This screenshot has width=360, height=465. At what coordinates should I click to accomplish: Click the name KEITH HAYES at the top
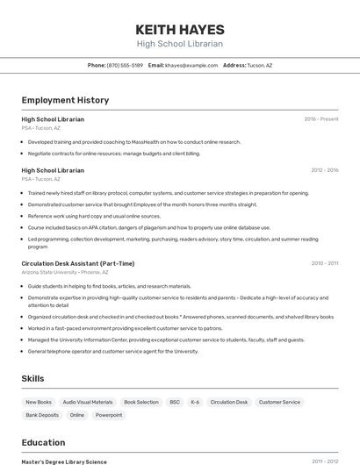[x=179, y=29]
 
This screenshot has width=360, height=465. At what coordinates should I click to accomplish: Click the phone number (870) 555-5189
[x=125, y=65]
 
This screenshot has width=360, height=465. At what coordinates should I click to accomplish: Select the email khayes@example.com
[x=191, y=65]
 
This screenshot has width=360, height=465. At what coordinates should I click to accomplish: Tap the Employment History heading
[x=65, y=100]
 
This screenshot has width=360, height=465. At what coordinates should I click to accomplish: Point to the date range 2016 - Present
[x=321, y=118]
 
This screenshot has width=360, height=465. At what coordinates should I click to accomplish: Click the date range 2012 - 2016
[x=324, y=170]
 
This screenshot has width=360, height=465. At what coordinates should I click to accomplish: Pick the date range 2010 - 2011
[x=325, y=263]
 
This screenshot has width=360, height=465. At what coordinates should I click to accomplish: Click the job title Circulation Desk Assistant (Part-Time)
[x=78, y=263]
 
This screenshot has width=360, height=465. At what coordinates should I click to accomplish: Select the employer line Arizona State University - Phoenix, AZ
[x=66, y=273]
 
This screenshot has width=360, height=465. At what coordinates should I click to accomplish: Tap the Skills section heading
[x=33, y=378]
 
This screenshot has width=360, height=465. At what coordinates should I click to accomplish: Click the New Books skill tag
[x=39, y=402]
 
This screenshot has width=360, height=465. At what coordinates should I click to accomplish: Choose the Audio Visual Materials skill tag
[x=88, y=402]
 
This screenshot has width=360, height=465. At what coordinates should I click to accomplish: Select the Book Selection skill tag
[x=140, y=402]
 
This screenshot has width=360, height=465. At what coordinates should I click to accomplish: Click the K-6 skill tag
[x=195, y=402]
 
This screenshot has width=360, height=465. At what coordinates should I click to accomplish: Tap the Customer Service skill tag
[x=279, y=402]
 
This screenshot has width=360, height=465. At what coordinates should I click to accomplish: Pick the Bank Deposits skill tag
[x=42, y=415]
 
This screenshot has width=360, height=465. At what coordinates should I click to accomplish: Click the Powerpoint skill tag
[x=109, y=415]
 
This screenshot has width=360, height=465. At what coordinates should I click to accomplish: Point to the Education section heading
[x=43, y=442]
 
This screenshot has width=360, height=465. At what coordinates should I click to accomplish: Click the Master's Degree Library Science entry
[x=64, y=461]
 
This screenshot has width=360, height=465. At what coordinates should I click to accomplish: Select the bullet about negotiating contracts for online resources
[x=114, y=153]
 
